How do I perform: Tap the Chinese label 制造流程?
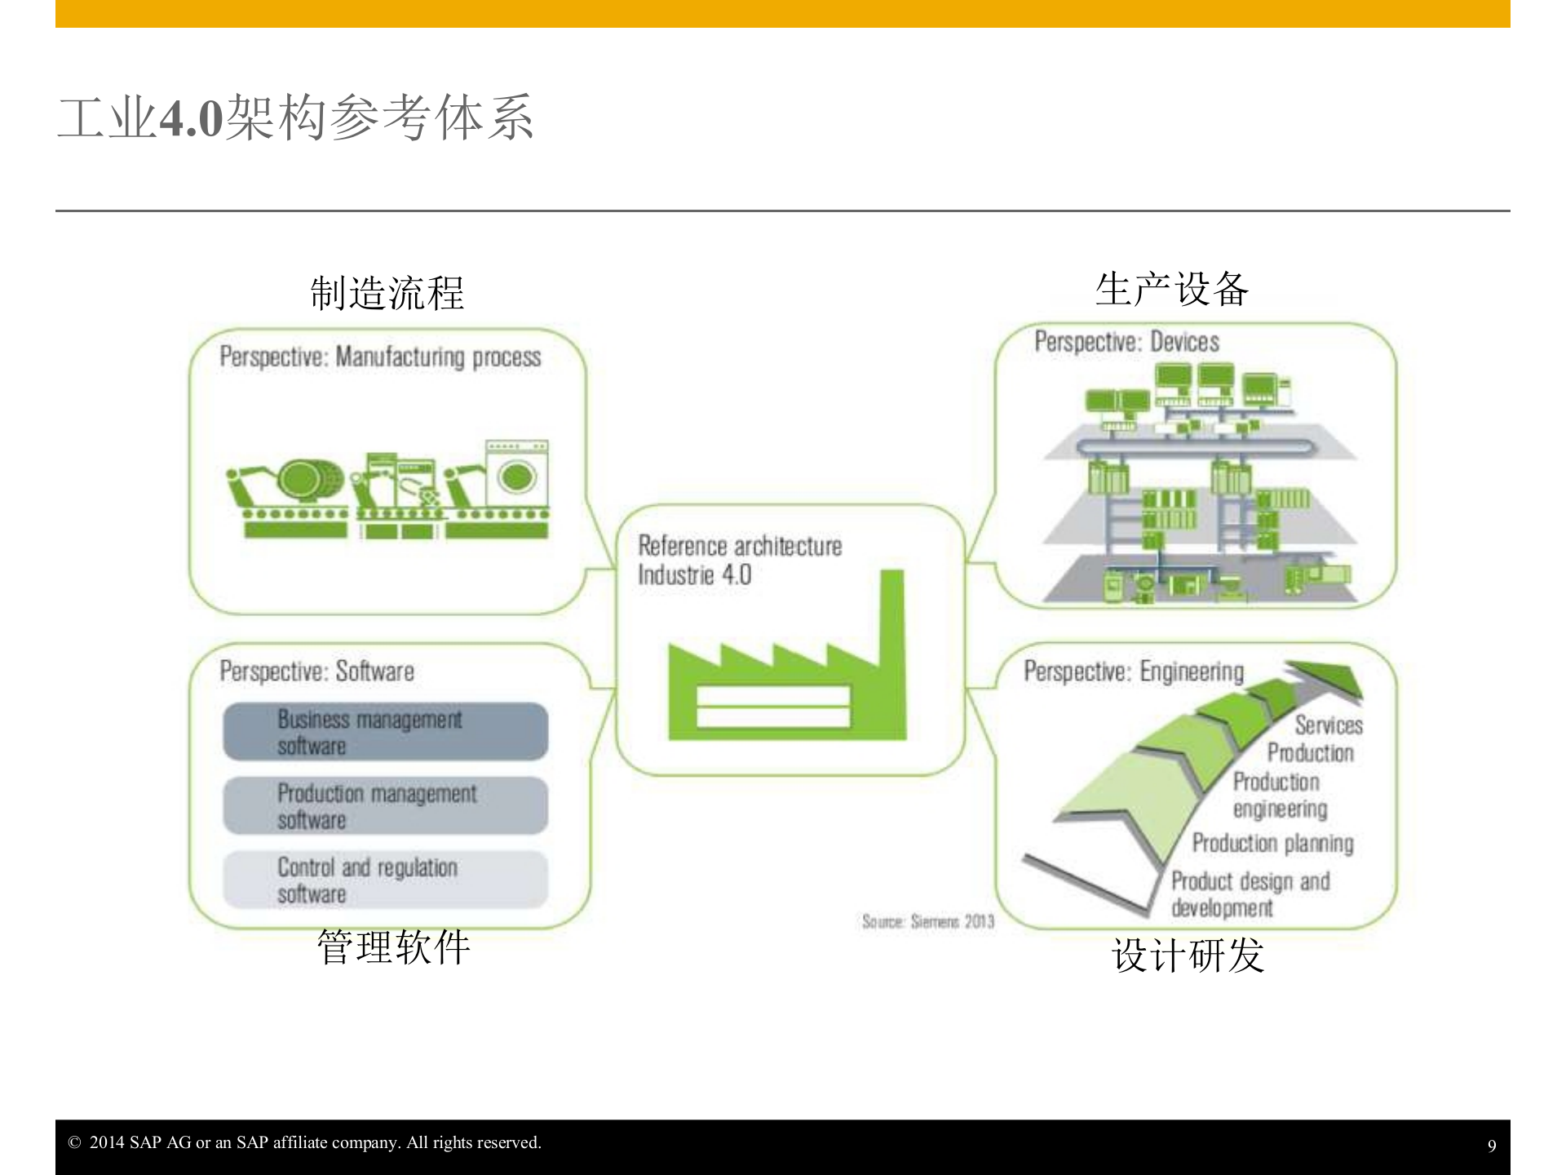point(387,293)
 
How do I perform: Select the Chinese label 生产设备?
point(1171,290)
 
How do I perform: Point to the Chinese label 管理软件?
point(393,947)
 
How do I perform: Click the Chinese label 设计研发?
point(1188,955)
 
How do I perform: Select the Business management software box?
point(385,732)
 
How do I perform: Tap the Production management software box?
point(385,805)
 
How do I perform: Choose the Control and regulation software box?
point(385,880)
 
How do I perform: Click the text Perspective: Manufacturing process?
point(380,357)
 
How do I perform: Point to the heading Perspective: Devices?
point(1126,342)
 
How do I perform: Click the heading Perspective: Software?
point(316,672)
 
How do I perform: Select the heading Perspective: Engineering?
point(1134,672)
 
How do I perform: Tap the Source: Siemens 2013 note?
point(928,921)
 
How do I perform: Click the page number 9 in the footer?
point(1492,1146)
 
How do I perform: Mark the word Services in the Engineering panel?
point(1328,725)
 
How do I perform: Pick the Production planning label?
point(1272,843)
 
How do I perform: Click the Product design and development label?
point(1250,894)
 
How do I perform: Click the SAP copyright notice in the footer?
point(305,1142)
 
